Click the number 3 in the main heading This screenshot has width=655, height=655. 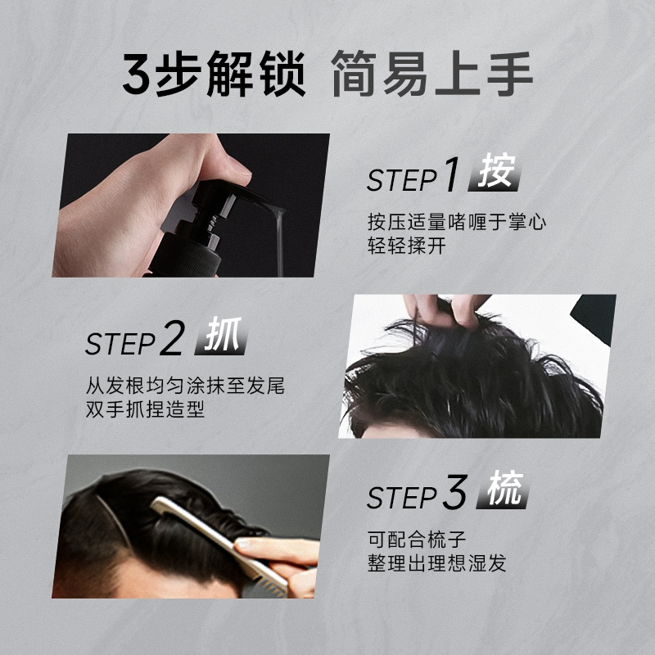137,75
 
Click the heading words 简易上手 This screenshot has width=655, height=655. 432,75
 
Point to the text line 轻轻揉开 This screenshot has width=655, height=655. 407,246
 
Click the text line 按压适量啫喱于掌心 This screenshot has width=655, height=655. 457,221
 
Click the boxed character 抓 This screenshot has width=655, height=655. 223,337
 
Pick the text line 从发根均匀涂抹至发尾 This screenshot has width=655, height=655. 185,386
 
